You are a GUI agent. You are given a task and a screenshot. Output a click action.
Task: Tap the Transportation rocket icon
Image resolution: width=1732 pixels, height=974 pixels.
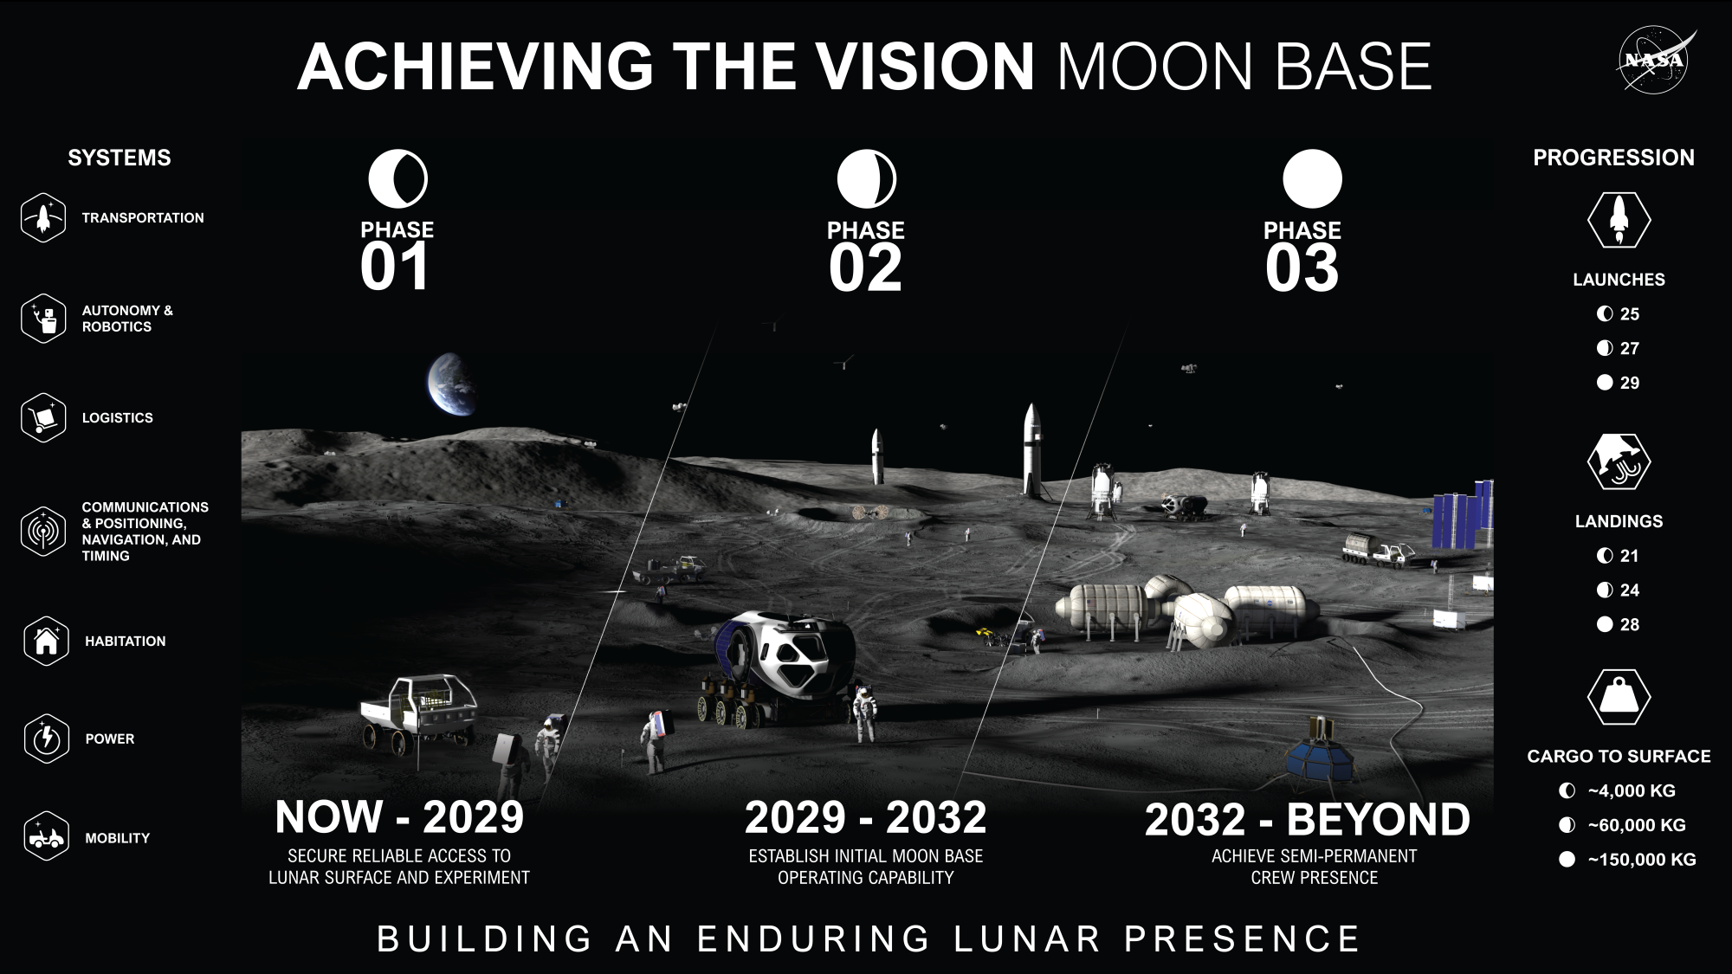(x=43, y=218)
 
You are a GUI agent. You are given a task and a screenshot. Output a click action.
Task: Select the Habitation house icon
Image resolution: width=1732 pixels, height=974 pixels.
(x=47, y=641)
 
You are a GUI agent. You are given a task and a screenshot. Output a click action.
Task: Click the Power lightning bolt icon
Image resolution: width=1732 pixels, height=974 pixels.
(x=47, y=739)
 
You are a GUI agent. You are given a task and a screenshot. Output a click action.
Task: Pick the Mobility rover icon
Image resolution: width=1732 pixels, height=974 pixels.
(x=47, y=837)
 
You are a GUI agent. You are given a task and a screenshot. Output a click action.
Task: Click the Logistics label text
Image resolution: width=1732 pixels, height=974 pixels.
(x=118, y=417)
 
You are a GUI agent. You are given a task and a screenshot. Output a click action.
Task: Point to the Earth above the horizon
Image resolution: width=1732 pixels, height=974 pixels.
(x=451, y=384)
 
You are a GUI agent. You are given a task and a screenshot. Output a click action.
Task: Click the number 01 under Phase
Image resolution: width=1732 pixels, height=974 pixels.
(x=395, y=267)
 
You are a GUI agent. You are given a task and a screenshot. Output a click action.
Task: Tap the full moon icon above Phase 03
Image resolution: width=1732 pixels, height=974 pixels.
(x=1312, y=179)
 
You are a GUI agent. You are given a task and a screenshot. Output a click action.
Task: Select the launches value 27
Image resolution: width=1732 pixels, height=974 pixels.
(x=1630, y=348)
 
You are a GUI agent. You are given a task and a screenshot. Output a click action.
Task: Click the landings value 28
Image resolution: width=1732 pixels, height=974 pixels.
(x=1630, y=624)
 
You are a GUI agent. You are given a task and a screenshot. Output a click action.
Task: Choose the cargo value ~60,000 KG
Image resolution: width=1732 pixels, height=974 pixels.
(x=1637, y=825)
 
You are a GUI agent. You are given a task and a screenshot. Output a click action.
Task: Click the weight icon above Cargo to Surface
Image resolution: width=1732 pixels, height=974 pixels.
(x=1619, y=697)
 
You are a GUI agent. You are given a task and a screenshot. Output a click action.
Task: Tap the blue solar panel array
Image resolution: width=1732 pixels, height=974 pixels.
(x=1464, y=517)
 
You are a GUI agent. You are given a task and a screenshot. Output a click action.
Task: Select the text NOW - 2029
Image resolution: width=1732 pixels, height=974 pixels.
(x=399, y=816)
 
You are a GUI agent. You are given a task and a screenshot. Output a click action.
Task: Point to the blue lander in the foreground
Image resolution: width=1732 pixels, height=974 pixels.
(x=1319, y=754)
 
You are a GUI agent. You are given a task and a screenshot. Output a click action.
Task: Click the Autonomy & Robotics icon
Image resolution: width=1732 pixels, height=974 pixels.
(x=43, y=319)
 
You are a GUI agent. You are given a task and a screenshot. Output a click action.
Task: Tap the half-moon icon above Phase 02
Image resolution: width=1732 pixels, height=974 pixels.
(x=866, y=179)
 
